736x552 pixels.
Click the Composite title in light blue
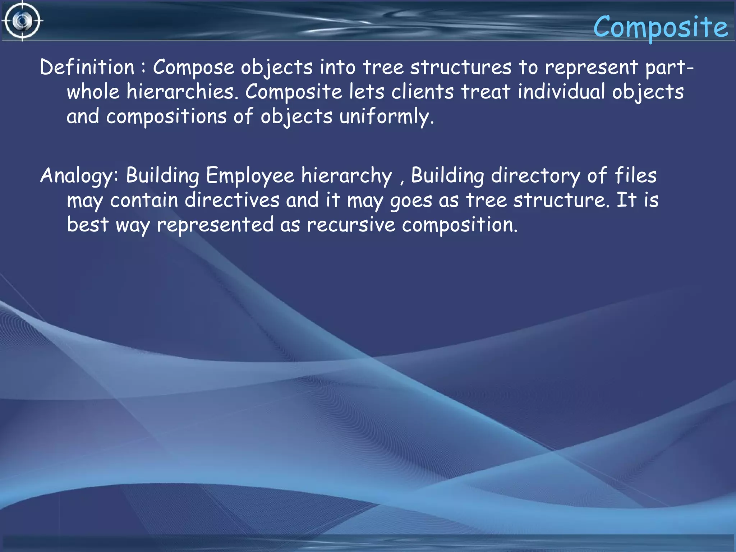[x=660, y=27]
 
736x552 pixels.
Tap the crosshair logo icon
[x=22, y=21]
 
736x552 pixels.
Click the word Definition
[x=87, y=67]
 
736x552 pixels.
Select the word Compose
[x=193, y=67]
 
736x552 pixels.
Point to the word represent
[x=591, y=67]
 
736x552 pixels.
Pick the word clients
[x=422, y=92]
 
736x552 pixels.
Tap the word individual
[x=561, y=92]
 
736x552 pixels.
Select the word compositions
[x=166, y=116]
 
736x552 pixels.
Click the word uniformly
[x=386, y=116]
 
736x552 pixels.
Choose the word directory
[x=535, y=176]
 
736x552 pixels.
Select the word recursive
[x=351, y=225]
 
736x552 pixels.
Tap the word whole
[x=93, y=92]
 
